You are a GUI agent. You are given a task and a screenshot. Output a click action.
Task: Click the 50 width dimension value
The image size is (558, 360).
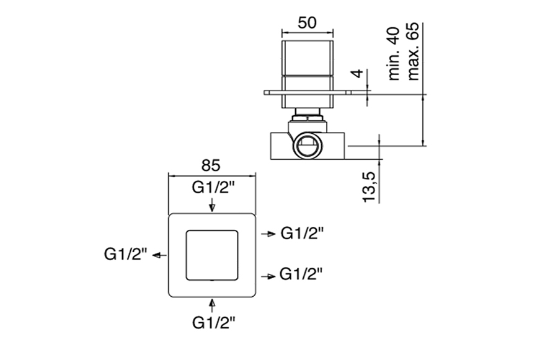pyautogui.click(x=308, y=22)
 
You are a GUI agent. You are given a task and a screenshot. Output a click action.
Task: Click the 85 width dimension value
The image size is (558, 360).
pyautogui.click(x=211, y=165)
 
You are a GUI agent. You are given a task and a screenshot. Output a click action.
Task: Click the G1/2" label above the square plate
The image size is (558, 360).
pyautogui.click(x=212, y=188)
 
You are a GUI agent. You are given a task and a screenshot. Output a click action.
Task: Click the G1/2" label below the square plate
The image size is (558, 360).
pyautogui.click(x=213, y=322)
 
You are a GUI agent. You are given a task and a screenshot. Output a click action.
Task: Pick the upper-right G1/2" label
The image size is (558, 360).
pyautogui.click(x=303, y=234)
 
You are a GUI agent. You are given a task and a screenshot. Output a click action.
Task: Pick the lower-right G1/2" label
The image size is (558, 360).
pyautogui.click(x=303, y=273)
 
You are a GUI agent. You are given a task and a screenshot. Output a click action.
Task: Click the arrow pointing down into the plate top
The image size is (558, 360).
pyautogui.click(x=213, y=205)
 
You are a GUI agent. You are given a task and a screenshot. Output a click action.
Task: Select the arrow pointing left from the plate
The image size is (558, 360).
pyautogui.click(x=159, y=255)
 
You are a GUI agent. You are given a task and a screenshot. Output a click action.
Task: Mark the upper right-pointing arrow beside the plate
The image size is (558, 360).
pyautogui.click(x=268, y=234)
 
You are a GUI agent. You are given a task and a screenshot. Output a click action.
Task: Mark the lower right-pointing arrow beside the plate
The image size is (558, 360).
pyautogui.click(x=268, y=274)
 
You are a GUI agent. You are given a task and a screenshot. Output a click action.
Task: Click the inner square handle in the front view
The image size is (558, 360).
pyautogui.click(x=213, y=254)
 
